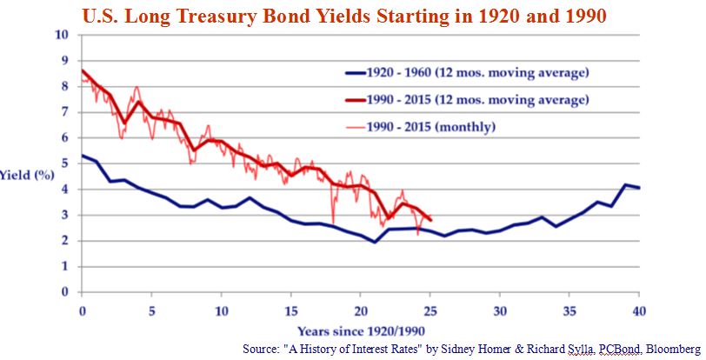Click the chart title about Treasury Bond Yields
coord(344,16)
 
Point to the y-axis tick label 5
coord(65,163)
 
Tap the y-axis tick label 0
coord(65,292)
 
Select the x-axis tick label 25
coord(430,311)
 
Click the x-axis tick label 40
coord(639,311)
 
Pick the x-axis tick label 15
coord(291,311)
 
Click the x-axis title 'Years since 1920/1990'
coord(361,331)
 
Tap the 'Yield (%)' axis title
coord(27,175)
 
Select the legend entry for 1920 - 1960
coord(467,72)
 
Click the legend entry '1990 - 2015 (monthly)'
coord(421,127)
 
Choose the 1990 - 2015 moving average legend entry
coord(467,100)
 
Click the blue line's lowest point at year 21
coord(374,242)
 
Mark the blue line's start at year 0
coord(82,156)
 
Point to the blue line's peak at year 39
coord(625,184)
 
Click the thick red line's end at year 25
coord(430,220)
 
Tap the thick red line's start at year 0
coord(82,70)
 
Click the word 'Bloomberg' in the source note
coord(672,349)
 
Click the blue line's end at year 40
coord(639,188)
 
